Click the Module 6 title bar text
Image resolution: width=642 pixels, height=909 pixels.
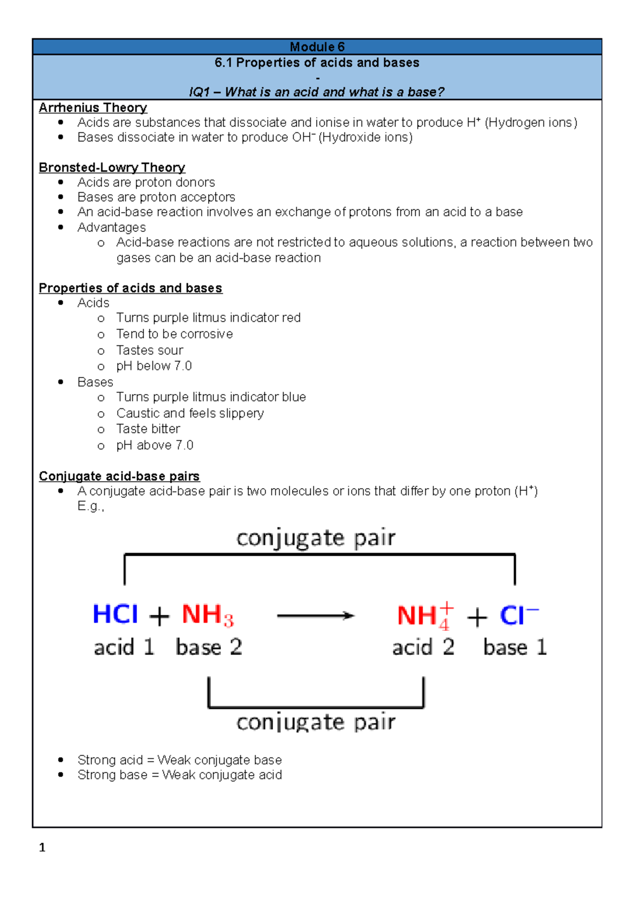coord(317,47)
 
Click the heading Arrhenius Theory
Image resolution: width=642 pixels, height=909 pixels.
coord(93,108)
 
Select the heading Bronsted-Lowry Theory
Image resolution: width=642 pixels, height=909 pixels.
coord(112,168)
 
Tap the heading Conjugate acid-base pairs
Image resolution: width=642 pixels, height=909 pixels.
coord(119,476)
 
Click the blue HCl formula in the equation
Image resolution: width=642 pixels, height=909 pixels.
coord(115,614)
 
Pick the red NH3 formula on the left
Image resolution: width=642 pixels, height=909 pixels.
coord(208,615)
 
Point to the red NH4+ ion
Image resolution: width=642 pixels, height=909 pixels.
coord(425,616)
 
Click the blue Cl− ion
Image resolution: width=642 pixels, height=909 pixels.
coord(518,615)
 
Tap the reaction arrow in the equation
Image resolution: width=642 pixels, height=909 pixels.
coord(316,616)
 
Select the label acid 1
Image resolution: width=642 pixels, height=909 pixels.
coord(124,647)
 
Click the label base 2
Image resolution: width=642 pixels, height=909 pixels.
coord(209,647)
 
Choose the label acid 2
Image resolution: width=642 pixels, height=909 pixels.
coord(423,647)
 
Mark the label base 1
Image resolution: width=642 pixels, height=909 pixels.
coord(515,647)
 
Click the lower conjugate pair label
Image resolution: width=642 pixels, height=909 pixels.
coord(316,722)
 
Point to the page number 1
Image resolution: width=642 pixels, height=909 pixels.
coord(42,847)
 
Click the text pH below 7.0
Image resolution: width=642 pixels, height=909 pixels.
coord(154,366)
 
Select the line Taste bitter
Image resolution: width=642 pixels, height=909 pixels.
coord(148,429)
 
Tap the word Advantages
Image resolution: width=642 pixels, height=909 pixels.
coord(111,228)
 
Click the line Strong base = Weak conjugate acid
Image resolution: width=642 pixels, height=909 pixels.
coord(179,775)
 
